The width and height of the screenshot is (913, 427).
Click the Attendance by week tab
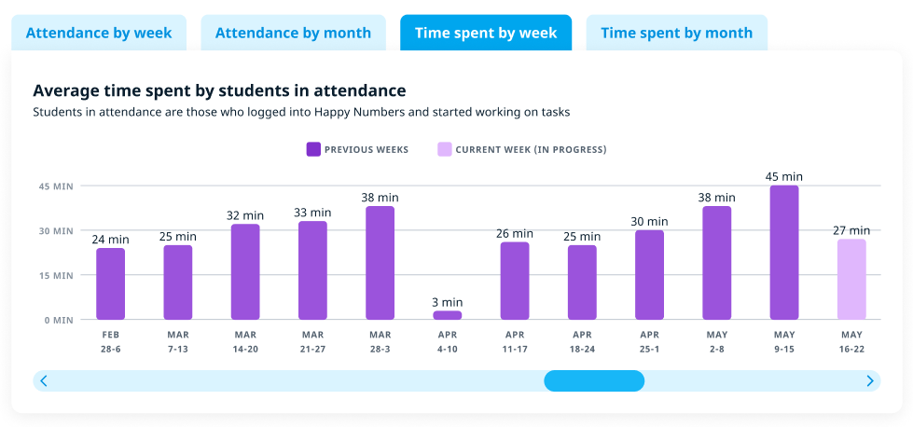tap(99, 34)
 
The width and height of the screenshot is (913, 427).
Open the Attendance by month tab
tap(293, 34)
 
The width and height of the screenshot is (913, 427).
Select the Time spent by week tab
tap(486, 34)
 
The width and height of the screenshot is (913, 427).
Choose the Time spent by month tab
tap(676, 34)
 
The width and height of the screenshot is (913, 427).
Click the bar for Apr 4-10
tap(448, 315)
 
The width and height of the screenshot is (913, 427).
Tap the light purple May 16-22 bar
tap(851, 280)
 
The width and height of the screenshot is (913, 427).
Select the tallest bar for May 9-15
tap(784, 253)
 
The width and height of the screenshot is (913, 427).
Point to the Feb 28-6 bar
tap(111, 283)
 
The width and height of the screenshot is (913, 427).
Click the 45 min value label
tap(784, 176)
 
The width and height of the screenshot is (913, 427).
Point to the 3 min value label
tap(448, 302)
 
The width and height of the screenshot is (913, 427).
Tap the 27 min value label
tap(851, 230)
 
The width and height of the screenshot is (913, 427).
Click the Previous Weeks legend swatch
tap(313, 149)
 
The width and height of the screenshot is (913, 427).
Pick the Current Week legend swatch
tap(445, 149)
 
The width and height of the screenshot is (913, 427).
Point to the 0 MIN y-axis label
tap(58, 320)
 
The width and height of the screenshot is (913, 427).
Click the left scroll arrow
tap(44, 380)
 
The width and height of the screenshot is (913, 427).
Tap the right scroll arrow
tap(870, 380)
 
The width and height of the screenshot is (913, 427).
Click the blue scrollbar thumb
tap(594, 380)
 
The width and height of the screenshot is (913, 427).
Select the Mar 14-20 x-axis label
tap(245, 341)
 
